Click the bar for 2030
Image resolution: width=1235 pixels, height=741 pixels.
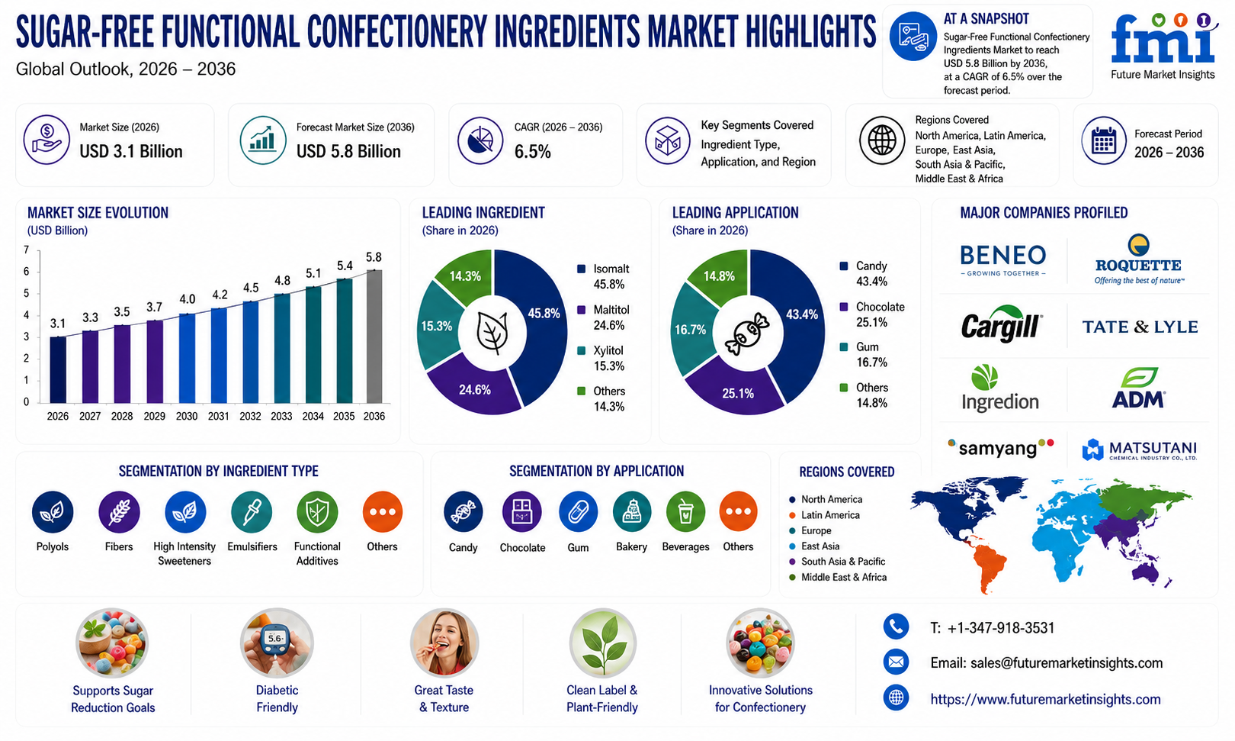(x=187, y=359)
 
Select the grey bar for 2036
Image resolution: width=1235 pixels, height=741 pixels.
(x=374, y=337)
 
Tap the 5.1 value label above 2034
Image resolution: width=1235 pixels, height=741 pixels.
(x=313, y=273)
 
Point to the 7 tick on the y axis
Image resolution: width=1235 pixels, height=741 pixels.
(x=26, y=250)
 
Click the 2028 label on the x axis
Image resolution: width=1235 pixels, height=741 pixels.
(x=122, y=416)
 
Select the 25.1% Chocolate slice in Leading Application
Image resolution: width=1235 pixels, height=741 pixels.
(x=736, y=389)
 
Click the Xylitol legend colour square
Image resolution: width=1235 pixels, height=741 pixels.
(x=581, y=351)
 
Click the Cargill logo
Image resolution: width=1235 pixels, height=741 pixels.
(x=1001, y=324)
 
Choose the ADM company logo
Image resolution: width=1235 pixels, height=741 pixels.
(x=1138, y=388)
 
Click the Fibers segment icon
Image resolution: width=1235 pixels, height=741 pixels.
(x=119, y=512)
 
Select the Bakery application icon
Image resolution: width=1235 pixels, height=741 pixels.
(x=632, y=512)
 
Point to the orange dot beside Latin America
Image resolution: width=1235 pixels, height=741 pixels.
(x=792, y=515)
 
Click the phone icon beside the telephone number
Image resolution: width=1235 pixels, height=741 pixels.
(x=896, y=627)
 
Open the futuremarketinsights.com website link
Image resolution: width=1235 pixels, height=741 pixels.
(x=1045, y=699)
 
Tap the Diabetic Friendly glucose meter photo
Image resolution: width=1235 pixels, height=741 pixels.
(x=277, y=643)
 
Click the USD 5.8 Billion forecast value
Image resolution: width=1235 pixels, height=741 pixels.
(x=348, y=151)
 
